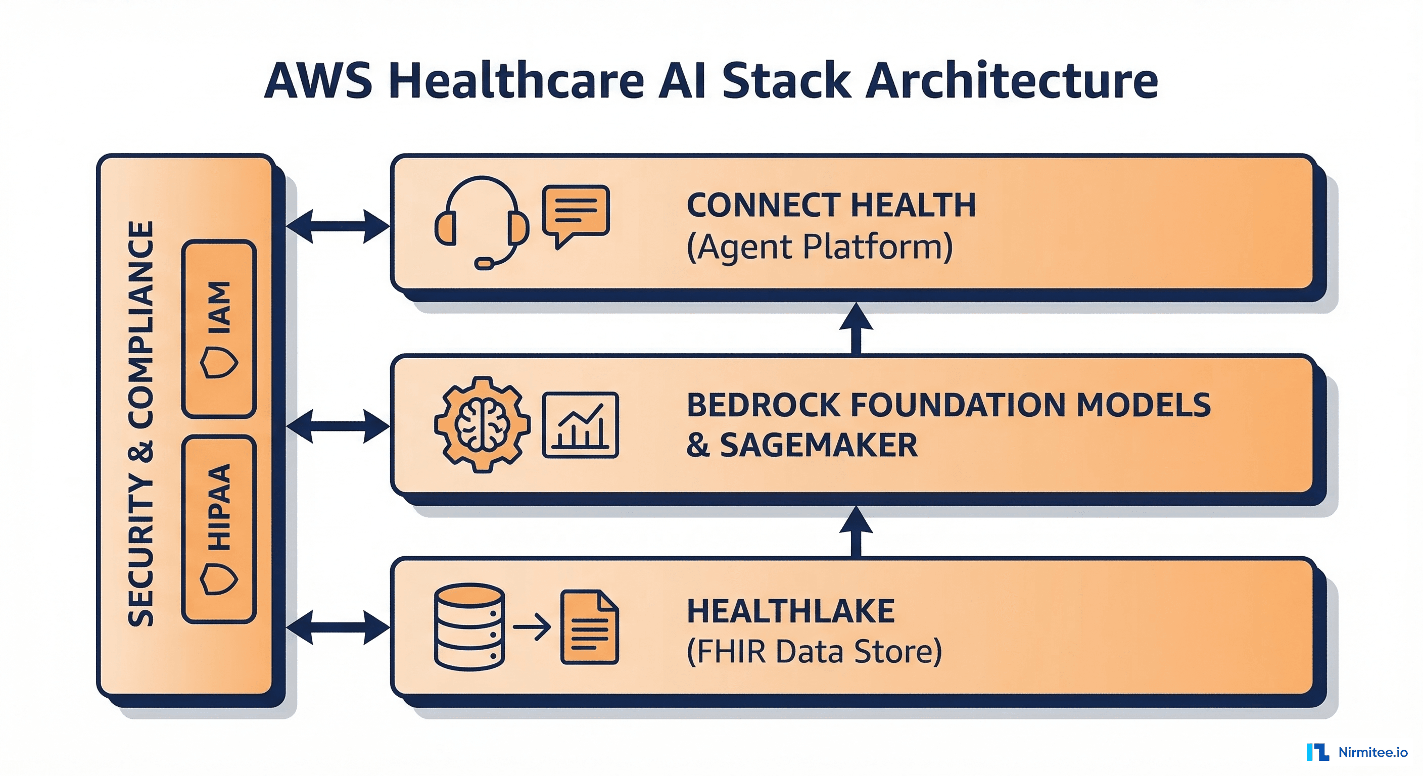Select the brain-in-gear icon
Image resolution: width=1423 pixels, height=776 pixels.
tap(482, 424)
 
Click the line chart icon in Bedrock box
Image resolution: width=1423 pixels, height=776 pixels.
tap(580, 425)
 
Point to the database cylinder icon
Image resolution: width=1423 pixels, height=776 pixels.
tap(469, 626)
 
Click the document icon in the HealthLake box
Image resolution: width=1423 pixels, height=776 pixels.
tap(589, 627)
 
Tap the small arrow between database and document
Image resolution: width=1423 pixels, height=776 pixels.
tap(532, 627)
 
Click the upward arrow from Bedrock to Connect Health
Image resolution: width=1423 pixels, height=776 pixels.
tap(856, 328)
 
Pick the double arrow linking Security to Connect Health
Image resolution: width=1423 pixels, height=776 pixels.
tap(338, 226)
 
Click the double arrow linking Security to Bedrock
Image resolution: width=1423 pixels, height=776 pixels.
tap(338, 426)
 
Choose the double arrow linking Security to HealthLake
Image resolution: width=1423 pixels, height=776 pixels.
tap(338, 627)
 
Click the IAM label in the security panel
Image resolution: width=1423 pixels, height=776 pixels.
tap(219, 307)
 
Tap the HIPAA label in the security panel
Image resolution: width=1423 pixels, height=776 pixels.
tap(219, 507)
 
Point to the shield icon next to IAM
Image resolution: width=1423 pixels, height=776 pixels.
tap(219, 362)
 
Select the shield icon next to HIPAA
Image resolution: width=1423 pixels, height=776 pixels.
tap(219, 579)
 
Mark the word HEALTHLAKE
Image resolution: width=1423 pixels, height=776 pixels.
tap(790, 611)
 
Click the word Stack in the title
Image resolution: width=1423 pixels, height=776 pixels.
tap(785, 81)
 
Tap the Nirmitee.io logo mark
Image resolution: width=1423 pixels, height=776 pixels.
tap(1317, 752)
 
